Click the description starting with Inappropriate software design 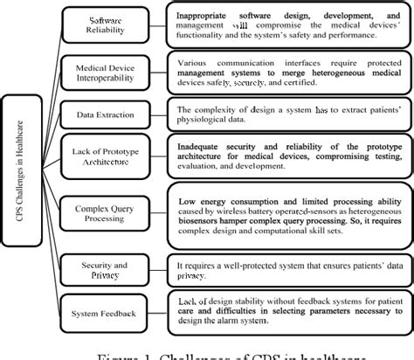tap(287, 25)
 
